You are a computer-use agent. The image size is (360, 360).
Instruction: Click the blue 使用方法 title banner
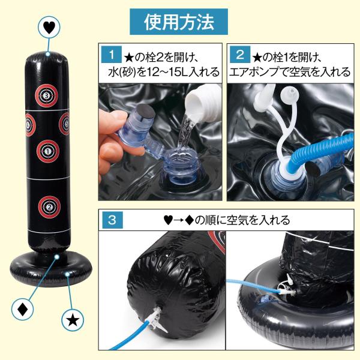179,22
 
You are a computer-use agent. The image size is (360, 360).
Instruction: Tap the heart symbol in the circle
49,28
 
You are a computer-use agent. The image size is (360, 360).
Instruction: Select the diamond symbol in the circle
23,309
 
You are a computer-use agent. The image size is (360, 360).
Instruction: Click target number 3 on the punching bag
46,95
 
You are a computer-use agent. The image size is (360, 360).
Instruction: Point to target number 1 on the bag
48,151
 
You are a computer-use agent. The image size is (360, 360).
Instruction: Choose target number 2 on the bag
49,207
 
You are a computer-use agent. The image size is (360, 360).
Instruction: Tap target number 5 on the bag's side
65,124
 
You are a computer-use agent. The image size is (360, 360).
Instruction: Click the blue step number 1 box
112,55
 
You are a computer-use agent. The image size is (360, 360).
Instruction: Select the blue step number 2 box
240,55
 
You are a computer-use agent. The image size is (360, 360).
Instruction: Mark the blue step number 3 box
112,220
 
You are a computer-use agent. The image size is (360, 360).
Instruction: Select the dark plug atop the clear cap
146,113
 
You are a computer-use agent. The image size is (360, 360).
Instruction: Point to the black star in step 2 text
257,58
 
